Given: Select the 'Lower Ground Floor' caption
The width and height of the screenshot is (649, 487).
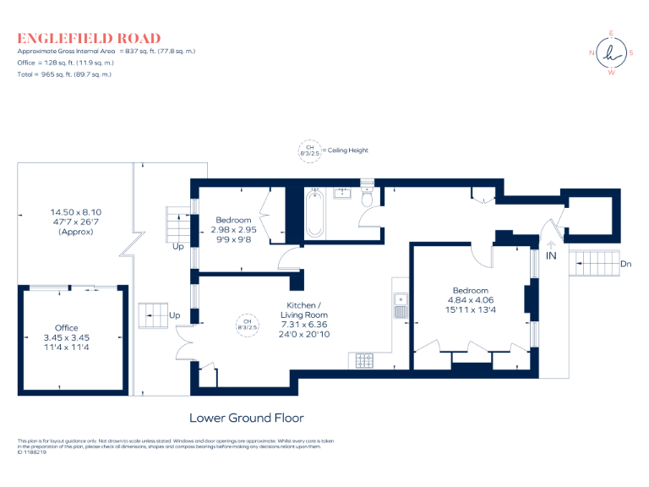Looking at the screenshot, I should (246, 418).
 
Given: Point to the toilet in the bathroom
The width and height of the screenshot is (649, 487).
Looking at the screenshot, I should (367, 197).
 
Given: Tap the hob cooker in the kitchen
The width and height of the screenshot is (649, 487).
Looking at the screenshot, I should (366, 361).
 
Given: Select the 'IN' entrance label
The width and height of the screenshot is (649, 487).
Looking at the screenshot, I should (551, 255).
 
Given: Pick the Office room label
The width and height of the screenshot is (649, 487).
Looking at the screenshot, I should (67, 328).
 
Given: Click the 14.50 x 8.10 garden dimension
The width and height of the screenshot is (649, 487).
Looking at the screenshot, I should (75, 212).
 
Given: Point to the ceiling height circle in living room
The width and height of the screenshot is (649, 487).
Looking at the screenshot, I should (248, 324).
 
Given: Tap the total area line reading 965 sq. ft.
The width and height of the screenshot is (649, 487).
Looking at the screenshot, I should (64, 74).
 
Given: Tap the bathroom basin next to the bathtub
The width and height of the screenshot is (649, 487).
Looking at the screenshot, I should (343, 194).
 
